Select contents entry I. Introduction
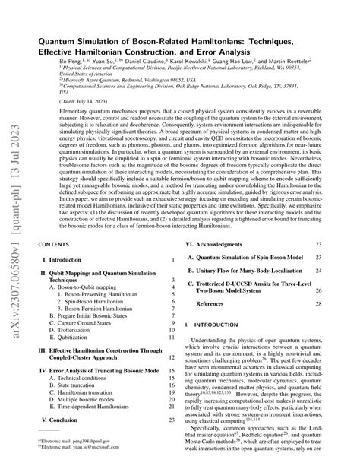[x=65, y=260]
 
